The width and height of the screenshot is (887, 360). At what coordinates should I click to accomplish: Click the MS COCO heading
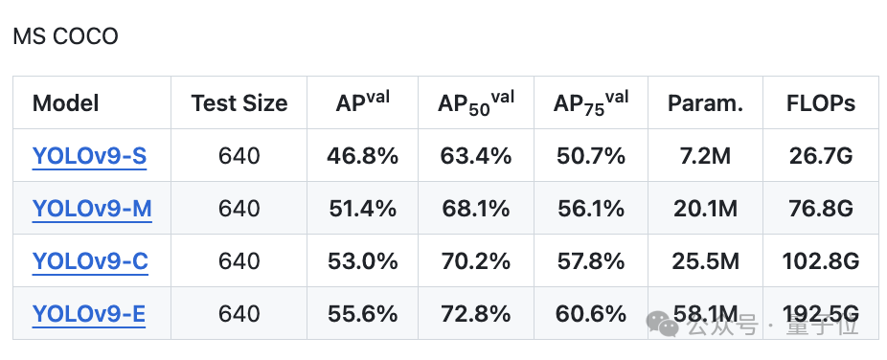point(65,36)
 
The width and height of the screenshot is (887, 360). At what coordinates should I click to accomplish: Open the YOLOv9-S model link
point(89,156)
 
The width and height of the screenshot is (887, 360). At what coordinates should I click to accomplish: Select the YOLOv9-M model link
point(92,209)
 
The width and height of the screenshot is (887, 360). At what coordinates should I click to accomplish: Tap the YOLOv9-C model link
point(90,261)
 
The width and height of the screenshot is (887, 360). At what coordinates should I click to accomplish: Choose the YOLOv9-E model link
point(89,314)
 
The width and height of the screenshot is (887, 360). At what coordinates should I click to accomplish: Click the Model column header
point(66,103)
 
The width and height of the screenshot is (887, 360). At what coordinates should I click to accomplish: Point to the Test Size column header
point(239,103)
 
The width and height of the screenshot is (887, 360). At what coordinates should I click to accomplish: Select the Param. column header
point(705,103)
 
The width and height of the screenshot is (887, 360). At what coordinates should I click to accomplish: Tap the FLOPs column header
point(821,103)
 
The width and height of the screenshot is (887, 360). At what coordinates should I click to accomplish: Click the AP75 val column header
point(591,103)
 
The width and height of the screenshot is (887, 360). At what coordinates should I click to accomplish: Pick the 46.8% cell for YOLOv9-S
point(363,156)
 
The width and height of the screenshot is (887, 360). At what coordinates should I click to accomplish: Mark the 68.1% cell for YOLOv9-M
point(475,209)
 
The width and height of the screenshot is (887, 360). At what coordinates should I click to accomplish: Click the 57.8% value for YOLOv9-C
point(591,261)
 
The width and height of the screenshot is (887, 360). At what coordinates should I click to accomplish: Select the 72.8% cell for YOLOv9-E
point(475,314)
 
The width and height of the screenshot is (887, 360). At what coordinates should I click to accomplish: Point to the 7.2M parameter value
point(705,156)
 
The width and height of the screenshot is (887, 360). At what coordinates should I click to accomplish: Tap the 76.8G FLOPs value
point(821,209)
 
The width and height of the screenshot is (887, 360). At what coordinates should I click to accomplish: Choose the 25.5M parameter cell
point(705,261)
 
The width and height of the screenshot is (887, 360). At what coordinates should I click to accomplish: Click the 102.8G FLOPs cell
point(821,261)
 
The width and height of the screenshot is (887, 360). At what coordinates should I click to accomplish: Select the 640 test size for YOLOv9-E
point(239,314)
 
